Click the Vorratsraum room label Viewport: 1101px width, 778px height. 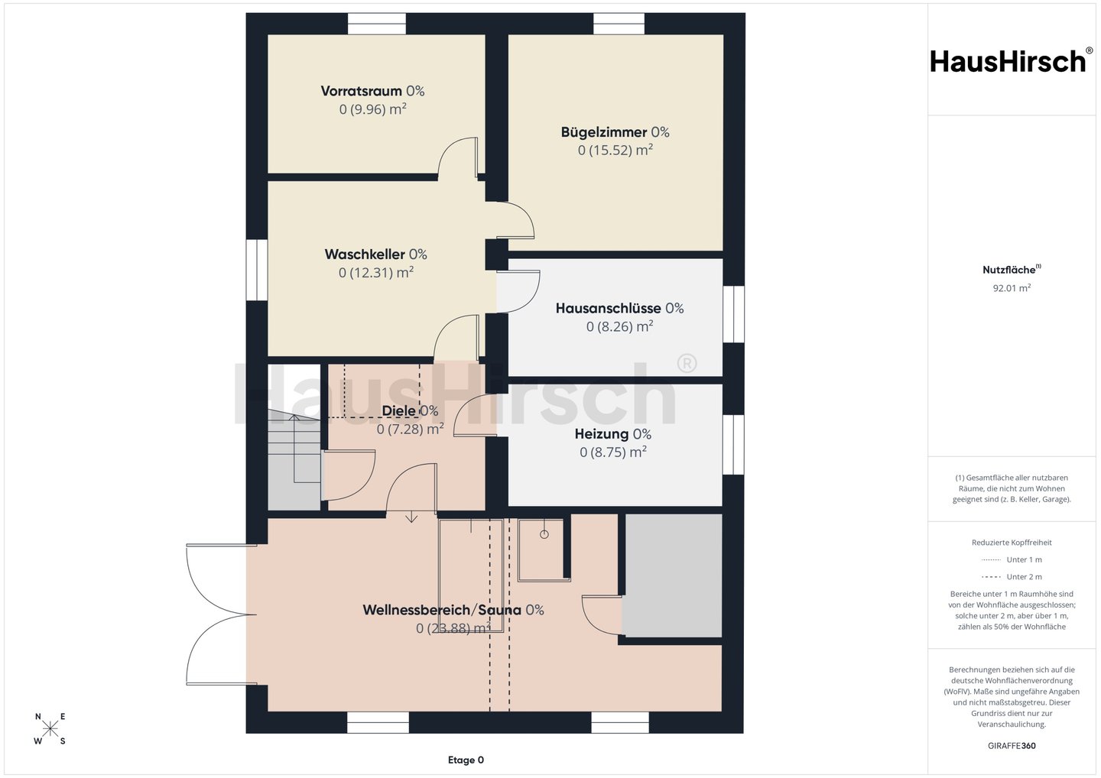click(361, 91)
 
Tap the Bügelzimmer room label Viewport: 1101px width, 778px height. click(603, 132)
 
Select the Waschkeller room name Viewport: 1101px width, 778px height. click(365, 254)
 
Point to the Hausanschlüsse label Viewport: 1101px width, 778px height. click(608, 309)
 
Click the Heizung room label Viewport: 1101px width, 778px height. click(602, 434)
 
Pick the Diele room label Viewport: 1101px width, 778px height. click(398, 410)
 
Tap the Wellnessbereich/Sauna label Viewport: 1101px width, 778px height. click(442, 610)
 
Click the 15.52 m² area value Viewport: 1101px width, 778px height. click(615, 150)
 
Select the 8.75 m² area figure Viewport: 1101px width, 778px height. click(613, 452)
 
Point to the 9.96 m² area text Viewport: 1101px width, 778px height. click(372, 109)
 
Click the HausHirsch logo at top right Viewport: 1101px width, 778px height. click(1012, 61)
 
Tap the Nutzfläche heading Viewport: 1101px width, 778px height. click(1008, 270)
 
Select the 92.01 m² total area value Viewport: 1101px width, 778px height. click(1012, 288)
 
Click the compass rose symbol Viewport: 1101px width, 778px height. click(50, 728)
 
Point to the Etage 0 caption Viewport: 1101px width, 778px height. click(466, 760)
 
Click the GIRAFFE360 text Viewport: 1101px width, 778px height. click(1012, 746)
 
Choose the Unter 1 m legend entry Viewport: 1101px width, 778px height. click(1012, 559)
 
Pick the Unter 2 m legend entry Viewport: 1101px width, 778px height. click(1012, 577)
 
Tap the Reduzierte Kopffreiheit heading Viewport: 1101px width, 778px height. click(1012, 543)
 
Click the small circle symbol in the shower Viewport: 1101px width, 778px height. click(544, 534)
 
